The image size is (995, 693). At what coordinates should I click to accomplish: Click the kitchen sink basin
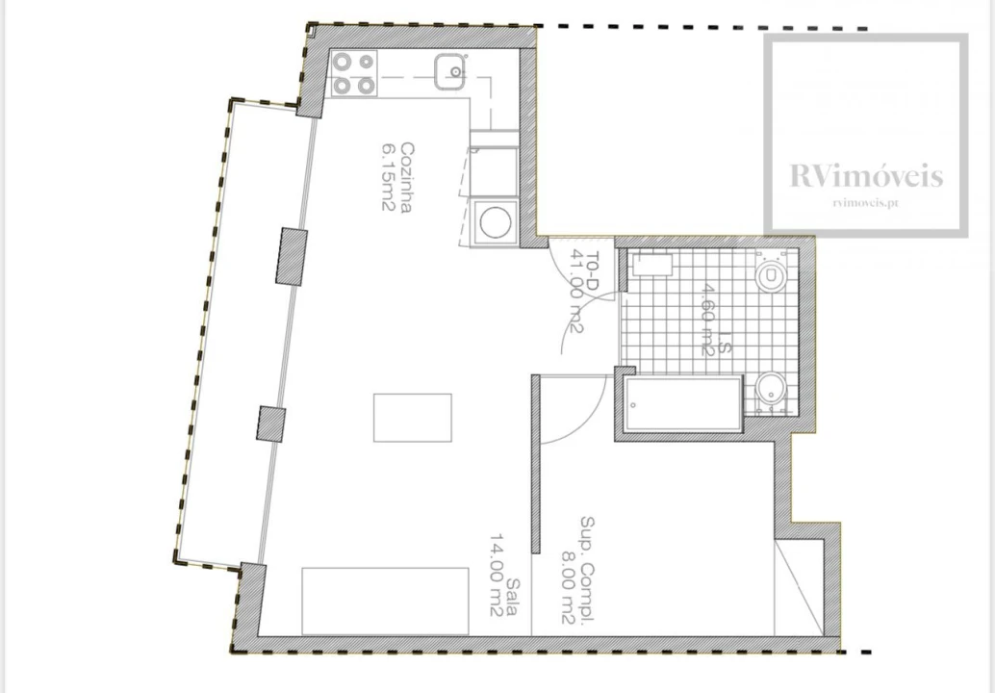pyautogui.click(x=450, y=71)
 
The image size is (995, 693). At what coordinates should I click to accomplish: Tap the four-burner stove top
pyautogui.click(x=354, y=73)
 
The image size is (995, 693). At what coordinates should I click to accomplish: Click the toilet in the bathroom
pyautogui.click(x=771, y=273)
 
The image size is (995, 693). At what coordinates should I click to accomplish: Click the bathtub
pyautogui.click(x=683, y=404)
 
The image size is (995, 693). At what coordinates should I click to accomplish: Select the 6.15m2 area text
pyautogui.click(x=389, y=178)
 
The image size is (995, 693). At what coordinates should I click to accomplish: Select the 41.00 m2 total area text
pyautogui.click(x=576, y=291)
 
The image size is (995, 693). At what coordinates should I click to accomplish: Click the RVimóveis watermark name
pyautogui.click(x=866, y=176)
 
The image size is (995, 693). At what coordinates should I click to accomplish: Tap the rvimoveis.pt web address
pyautogui.click(x=866, y=203)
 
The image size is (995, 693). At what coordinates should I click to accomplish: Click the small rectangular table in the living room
pyautogui.click(x=413, y=418)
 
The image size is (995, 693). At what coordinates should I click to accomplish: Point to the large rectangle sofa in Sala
pyautogui.click(x=385, y=601)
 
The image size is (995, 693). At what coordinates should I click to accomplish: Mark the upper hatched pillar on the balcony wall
pyautogui.click(x=292, y=256)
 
